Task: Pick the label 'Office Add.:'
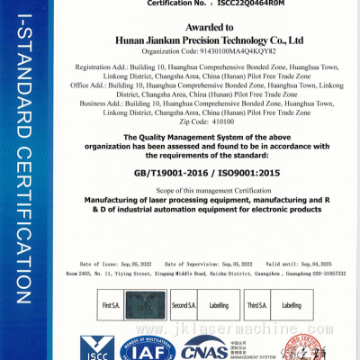tap(97, 85)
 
